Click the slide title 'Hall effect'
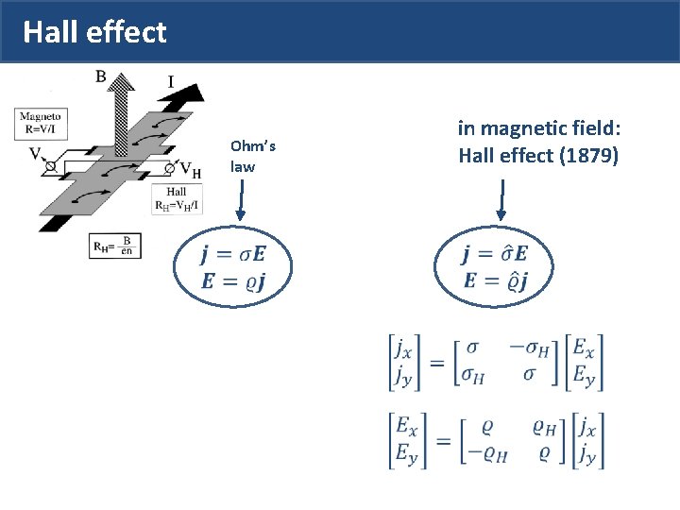coord(94,33)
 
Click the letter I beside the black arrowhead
coord(170,82)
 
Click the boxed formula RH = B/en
coord(114,246)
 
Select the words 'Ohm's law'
coord(252,156)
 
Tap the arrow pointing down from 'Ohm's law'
coord(240,203)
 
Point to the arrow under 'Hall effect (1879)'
coord(501,203)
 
